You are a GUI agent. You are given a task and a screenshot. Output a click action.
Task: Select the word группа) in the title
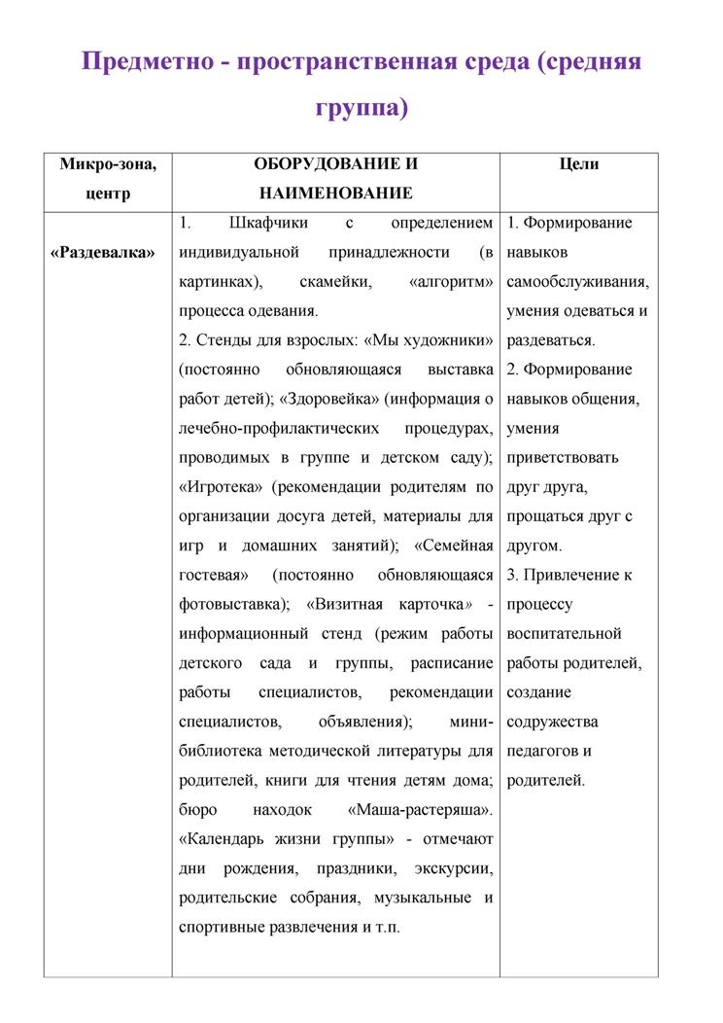[361, 107]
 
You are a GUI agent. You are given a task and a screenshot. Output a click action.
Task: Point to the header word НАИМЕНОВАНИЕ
[336, 194]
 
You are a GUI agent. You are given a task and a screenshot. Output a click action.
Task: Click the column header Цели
[579, 164]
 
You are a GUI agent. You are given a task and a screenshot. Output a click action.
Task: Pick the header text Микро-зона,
[108, 164]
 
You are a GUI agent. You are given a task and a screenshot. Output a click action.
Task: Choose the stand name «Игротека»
[222, 486]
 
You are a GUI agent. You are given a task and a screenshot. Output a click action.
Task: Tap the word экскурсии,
[454, 867]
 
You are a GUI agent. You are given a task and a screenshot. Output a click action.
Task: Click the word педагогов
[542, 751]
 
